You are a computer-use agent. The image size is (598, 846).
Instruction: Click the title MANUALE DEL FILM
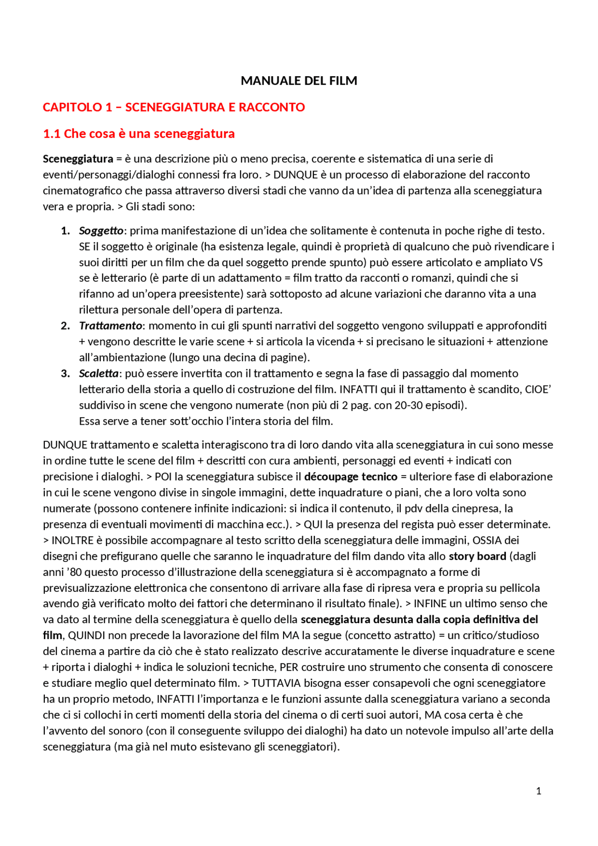[299, 81]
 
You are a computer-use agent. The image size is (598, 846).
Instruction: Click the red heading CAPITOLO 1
[78, 107]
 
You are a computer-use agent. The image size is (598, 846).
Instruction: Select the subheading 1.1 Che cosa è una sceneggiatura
[139, 134]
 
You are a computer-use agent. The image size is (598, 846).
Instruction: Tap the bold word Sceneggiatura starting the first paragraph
[78, 159]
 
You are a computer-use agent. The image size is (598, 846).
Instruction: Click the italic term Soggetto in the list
[101, 231]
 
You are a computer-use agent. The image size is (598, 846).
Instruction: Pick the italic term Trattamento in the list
[110, 326]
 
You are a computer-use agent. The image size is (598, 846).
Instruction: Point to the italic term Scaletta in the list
[99, 373]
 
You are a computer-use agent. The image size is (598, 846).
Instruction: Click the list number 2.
[65, 326]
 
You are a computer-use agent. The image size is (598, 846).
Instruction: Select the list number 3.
[65, 373]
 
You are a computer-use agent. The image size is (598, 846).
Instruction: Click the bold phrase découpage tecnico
[350, 476]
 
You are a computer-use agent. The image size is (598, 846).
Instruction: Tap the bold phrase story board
[477, 556]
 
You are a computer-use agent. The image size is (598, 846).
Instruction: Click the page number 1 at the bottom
[538, 791]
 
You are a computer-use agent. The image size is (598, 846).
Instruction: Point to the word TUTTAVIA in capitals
[276, 683]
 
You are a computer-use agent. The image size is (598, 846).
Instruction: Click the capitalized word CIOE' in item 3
[538, 389]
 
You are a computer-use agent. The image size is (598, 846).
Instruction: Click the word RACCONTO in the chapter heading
[271, 107]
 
